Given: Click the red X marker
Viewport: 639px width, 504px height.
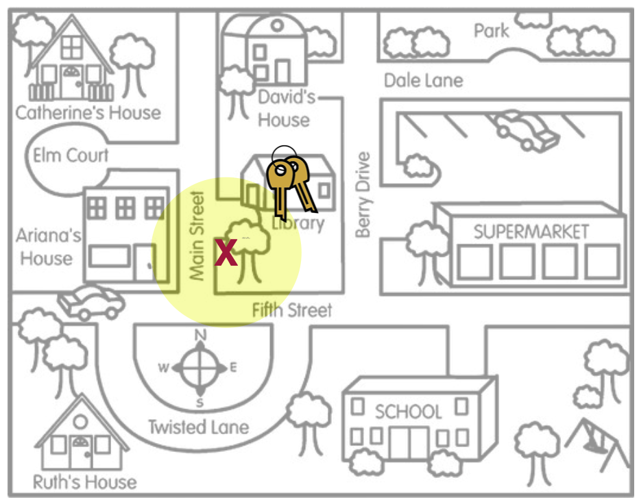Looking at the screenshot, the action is (x=226, y=253).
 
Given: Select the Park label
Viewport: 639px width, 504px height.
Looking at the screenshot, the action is (x=492, y=31).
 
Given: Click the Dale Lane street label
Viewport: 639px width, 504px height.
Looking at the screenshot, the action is (x=423, y=80).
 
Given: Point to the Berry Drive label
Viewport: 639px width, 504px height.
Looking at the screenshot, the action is (x=363, y=195).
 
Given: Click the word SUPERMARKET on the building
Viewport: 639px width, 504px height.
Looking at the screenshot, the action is (x=531, y=231).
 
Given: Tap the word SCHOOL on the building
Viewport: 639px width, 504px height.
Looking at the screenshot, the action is (x=408, y=412).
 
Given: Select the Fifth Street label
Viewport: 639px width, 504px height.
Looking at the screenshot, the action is (x=292, y=310).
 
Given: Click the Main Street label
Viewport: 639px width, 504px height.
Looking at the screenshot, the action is (x=197, y=236).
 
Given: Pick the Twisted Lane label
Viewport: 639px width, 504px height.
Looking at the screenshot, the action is (x=198, y=427).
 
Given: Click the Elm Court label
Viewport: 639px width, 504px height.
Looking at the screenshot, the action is (x=71, y=155).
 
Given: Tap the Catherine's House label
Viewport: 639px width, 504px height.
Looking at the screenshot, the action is (x=88, y=112).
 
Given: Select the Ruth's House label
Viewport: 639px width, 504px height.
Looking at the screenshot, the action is (x=84, y=482).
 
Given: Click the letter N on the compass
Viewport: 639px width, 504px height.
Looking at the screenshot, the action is (x=201, y=335).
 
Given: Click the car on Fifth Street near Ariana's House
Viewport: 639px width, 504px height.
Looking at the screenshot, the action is (x=91, y=302).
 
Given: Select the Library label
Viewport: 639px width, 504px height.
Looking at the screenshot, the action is (x=298, y=223).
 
